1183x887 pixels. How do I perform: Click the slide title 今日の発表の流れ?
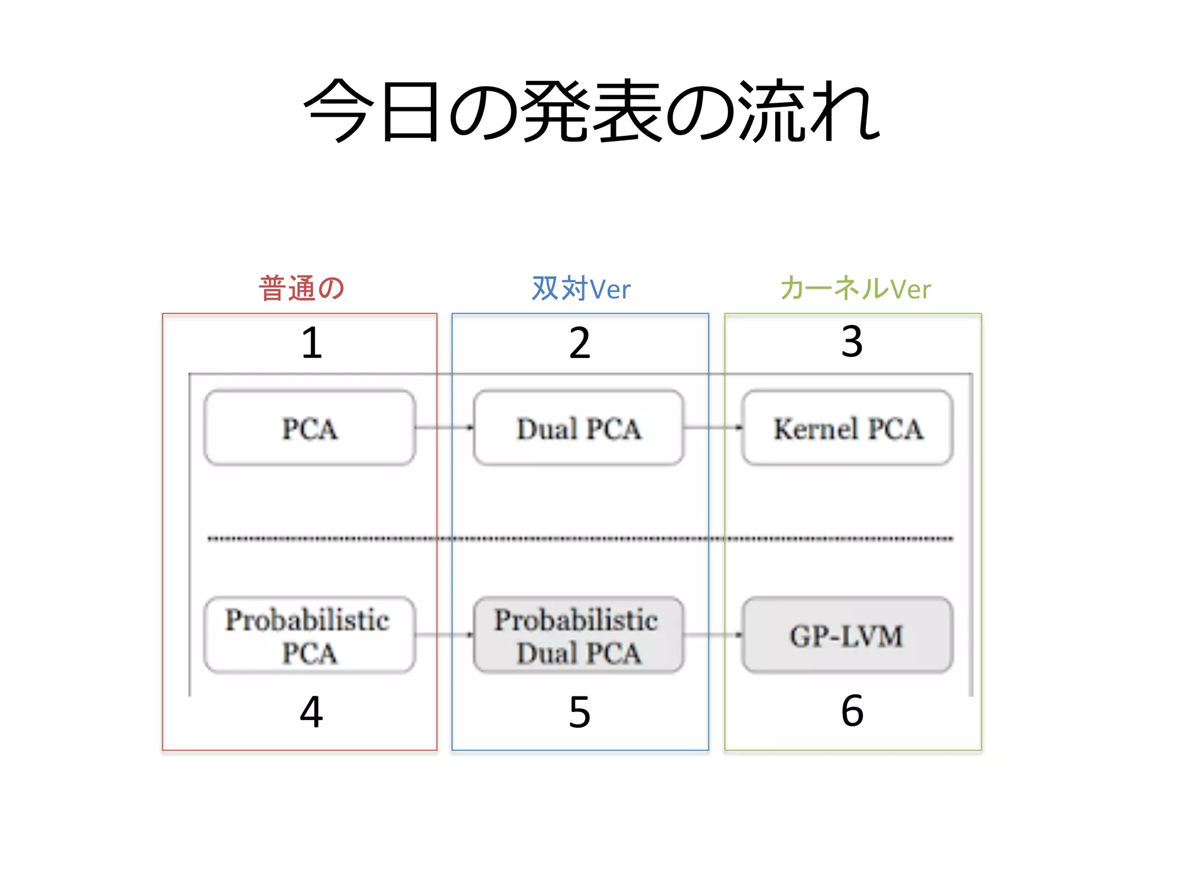[591, 111]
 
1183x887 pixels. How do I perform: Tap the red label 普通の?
[302, 288]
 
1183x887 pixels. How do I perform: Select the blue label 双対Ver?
[581, 288]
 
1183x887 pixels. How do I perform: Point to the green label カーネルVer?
[855, 288]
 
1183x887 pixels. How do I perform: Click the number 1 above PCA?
[312, 343]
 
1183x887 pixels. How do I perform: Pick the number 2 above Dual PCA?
[580, 343]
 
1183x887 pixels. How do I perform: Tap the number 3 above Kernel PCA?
[852, 342]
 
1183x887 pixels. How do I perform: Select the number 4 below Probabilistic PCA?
[311, 711]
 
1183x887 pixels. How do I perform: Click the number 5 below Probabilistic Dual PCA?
[580, 712]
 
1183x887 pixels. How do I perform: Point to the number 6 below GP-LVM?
[853, 711]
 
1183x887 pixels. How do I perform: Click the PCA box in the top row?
[310, 428]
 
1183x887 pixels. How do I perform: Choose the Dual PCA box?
[579, 428]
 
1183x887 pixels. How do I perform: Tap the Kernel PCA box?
[848, 428]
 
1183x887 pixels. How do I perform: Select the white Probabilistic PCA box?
[310, 635]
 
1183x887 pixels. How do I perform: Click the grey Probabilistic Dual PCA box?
[579, 635]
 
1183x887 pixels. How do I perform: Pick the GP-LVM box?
[848, 635]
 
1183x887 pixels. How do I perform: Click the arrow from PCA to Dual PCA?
[444, 428]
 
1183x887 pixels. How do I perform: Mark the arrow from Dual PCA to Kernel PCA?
[713, 428]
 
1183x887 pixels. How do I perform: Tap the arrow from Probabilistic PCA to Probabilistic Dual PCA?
[444, 635]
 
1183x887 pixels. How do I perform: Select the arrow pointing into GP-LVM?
[713, 635]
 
